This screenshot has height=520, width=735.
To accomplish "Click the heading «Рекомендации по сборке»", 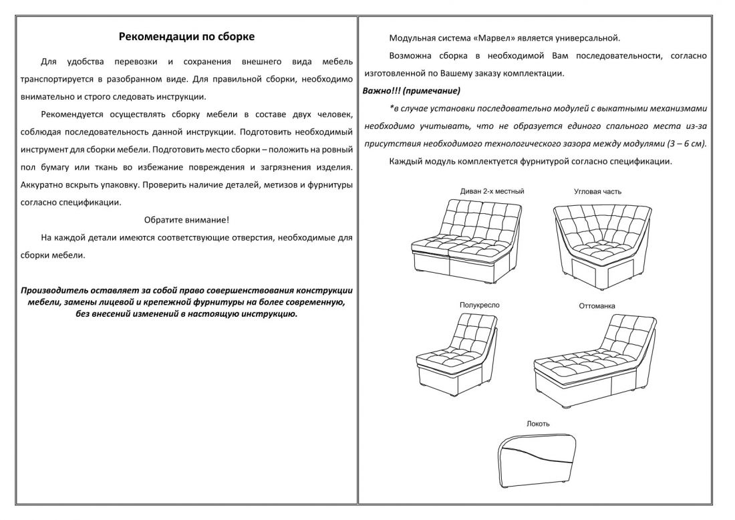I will [x=186, y=37].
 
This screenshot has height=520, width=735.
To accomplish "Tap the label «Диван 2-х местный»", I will [x=492, y=191].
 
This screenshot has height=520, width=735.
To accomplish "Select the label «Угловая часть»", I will [x=597, y=191].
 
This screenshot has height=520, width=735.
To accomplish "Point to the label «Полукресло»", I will [x=479, y=305].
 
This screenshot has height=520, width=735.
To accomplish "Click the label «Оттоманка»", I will [x=597, y=306].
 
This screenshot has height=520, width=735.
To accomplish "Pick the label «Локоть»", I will [x=538, y=424].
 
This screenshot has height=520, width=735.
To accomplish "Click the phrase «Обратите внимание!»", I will [x=186, y=219].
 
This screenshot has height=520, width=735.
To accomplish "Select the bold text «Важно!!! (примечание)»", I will [x=412, y=90].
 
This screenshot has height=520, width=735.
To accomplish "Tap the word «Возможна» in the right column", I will [x=410, y=55].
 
